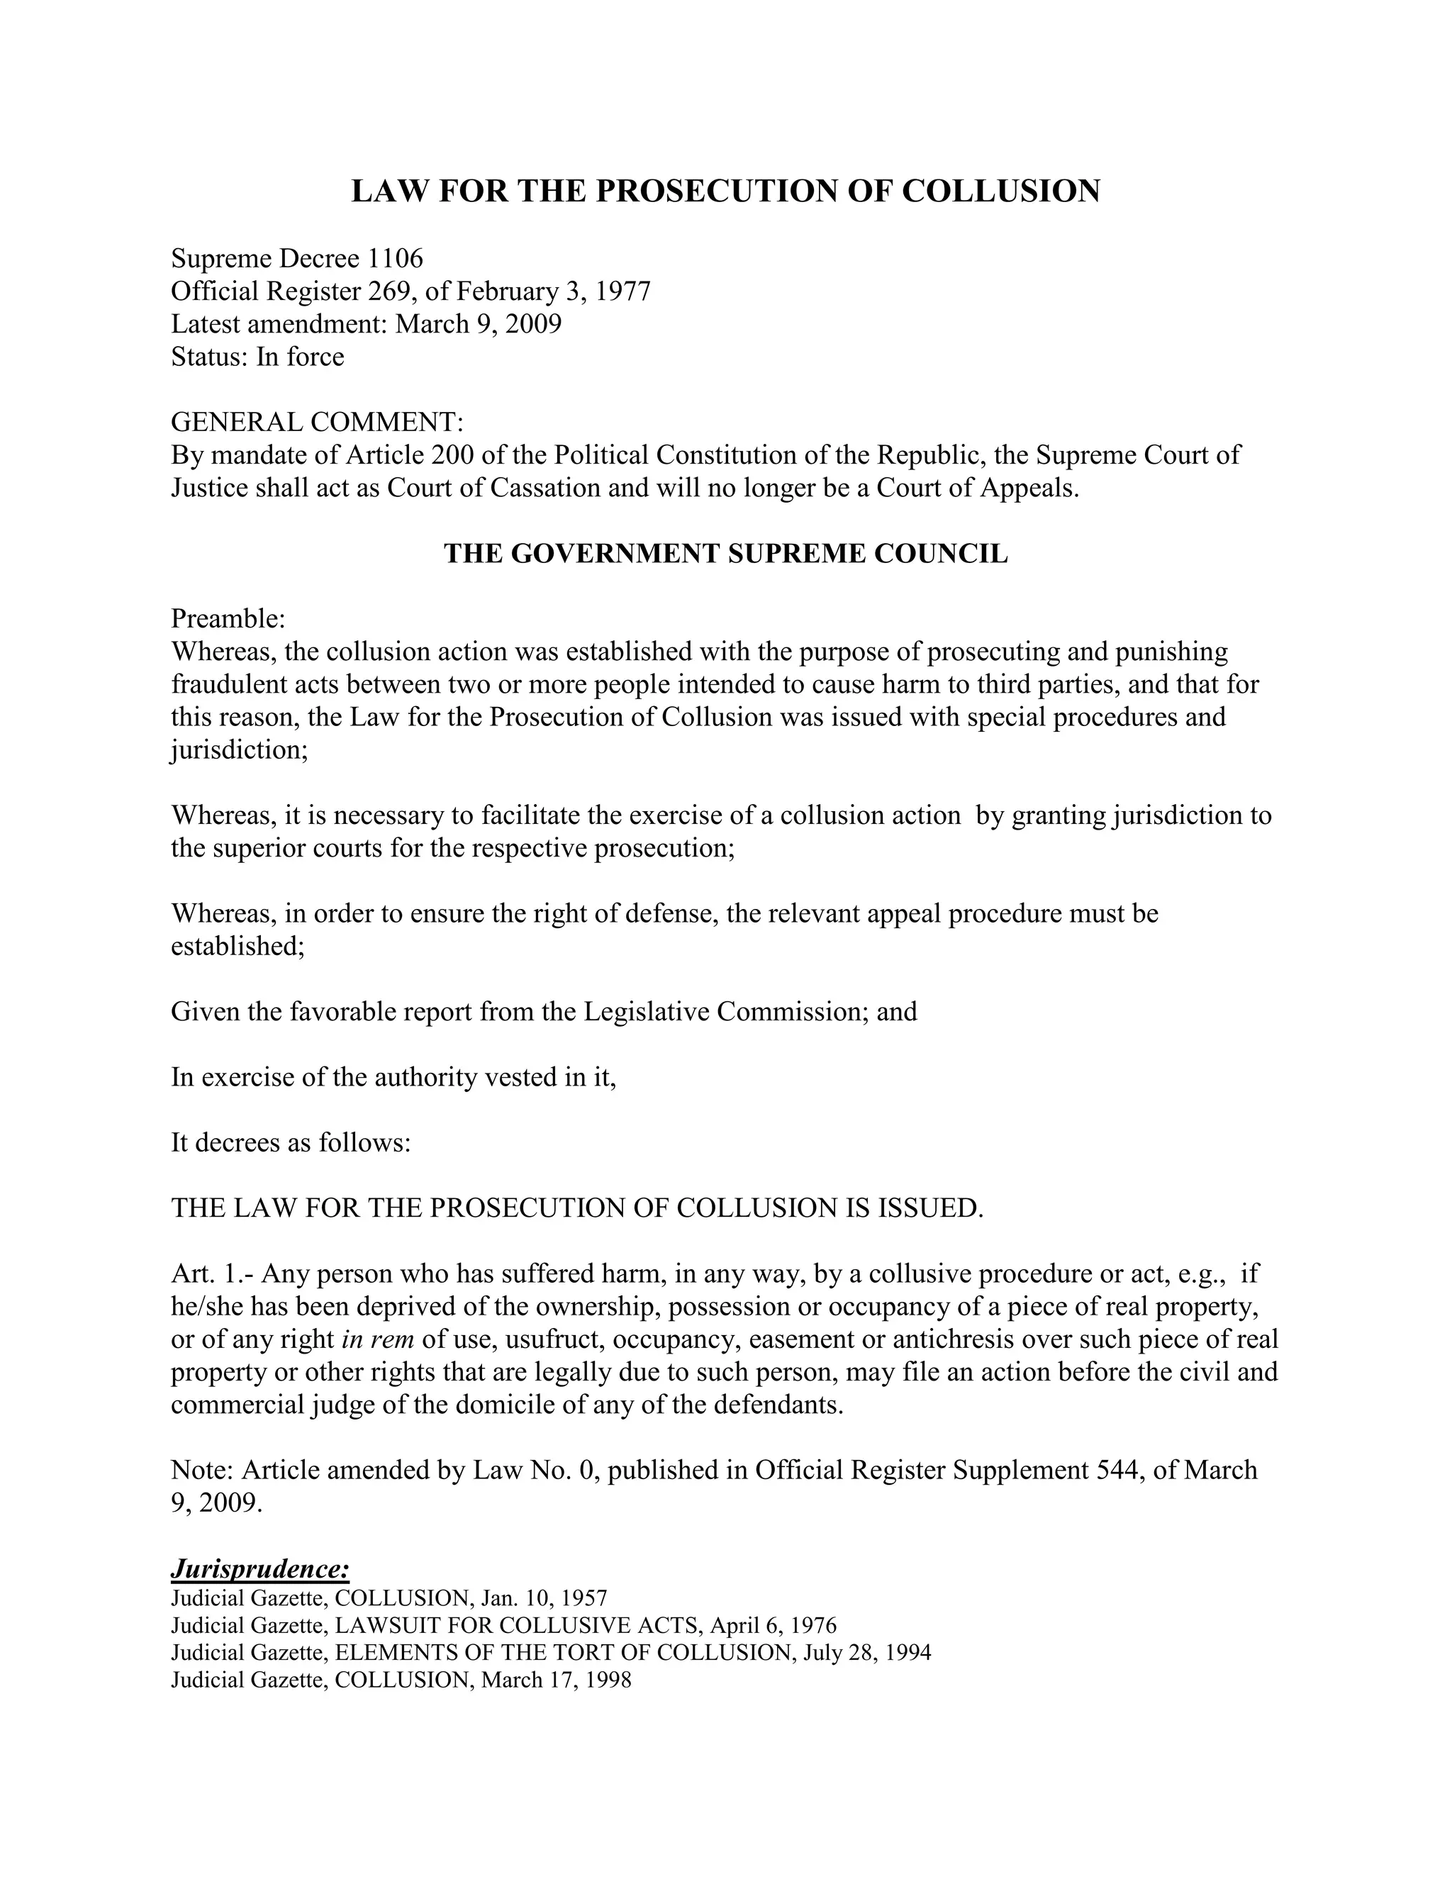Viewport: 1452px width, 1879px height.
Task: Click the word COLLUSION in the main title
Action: point(1000,191)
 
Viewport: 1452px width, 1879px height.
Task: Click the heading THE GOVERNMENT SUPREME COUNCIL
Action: point(725,553)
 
